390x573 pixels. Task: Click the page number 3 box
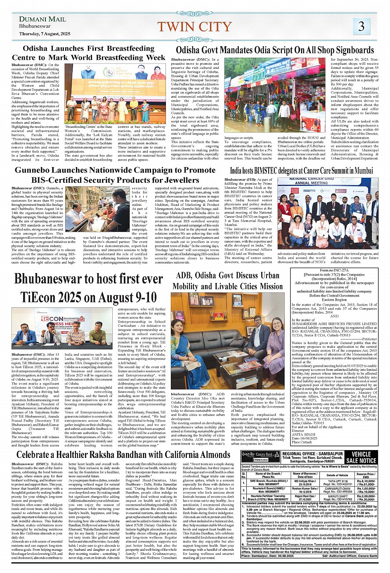[x=361, y=26]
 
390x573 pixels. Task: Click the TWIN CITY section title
[x=194, y=27]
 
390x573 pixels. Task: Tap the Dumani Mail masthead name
[x=43, y=19]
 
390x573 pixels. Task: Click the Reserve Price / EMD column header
[x=366, y=475]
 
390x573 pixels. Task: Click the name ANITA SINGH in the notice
[x=303, y=434]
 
